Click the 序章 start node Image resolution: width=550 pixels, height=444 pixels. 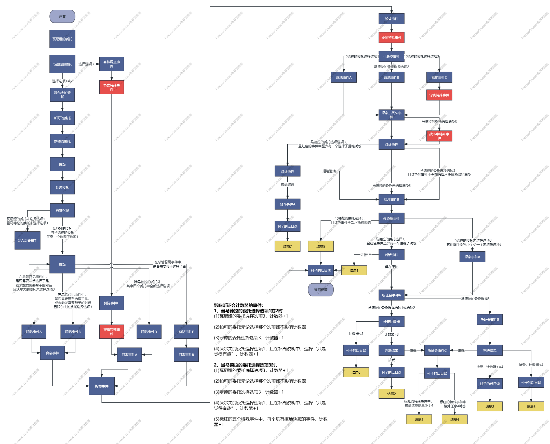pos(62,17)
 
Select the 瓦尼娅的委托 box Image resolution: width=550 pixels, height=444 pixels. pos(62,39)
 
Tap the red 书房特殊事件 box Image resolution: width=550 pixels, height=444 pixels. pos(111,87)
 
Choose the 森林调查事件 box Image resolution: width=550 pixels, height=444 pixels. pos(111,64)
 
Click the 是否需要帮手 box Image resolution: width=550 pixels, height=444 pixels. pos(27,240)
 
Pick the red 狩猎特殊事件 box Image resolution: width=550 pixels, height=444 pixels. pos(111,331)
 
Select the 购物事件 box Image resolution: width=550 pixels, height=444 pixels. pos(101,386)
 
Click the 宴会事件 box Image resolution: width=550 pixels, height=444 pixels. pos(52,353)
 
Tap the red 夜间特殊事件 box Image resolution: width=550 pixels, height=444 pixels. pos(391,38)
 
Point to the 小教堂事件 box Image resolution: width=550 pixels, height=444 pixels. pos(391,57)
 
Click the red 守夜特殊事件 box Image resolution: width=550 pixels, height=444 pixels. pos(439,95)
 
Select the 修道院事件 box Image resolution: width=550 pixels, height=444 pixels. pos(391,218)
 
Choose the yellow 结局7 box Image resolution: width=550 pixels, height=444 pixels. pos(287,246)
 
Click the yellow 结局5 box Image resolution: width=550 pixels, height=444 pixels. pos(320,246)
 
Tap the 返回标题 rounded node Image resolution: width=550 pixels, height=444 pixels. pos(320,290)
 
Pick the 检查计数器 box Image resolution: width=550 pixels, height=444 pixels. pos(391,321)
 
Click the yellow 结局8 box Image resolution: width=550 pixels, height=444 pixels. pos(531,406)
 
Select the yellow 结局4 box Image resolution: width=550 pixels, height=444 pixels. pos(454,420)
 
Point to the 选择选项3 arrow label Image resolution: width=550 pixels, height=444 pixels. pos(86,64)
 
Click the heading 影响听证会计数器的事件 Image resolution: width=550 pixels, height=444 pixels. pos(238,305)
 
